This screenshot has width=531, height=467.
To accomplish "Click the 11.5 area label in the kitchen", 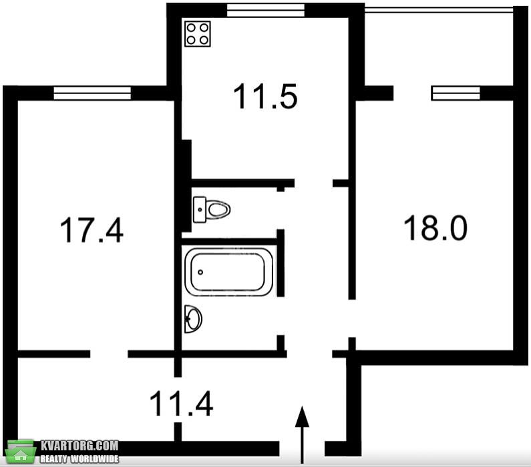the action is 266,97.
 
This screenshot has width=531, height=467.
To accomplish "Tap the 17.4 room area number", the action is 92,230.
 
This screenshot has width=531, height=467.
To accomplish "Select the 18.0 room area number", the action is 435,228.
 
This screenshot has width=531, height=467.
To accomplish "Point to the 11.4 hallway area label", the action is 181,404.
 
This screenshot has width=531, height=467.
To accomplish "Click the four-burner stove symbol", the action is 198,34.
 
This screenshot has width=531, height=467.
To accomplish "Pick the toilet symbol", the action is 212,209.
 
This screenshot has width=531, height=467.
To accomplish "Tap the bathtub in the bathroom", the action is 229,272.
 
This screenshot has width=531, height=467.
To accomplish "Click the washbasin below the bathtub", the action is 194,319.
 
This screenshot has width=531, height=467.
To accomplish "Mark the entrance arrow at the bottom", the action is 302,434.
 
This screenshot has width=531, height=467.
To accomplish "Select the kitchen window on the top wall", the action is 266,10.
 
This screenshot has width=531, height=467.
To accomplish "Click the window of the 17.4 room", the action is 92,93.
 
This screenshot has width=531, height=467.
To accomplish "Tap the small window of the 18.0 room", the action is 456,93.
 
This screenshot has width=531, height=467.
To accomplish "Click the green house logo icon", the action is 21,452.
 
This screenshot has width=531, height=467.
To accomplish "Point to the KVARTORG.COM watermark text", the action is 79,446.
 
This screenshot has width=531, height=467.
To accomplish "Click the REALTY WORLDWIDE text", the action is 79,459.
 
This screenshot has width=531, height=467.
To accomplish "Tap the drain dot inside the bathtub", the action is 200,272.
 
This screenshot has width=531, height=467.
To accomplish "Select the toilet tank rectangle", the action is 200,209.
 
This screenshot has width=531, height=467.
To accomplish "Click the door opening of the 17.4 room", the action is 109,354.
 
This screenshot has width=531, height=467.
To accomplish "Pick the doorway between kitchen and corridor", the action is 313,183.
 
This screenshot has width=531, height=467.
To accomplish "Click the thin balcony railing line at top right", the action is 439,10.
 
